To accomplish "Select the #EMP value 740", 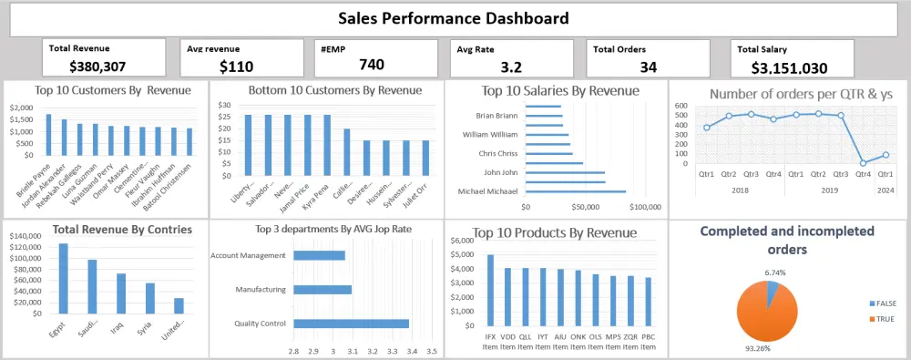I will point(372,64).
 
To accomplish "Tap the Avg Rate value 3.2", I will point(511,67).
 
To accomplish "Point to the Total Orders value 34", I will point(649,67).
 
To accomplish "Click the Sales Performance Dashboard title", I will point(453,18).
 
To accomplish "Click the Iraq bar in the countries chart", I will point(121,293).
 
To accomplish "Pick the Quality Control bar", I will point(351,323).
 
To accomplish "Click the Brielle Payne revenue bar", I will point(48,135).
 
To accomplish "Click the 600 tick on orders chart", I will point(681,106).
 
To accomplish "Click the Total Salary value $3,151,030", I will point(790,67).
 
